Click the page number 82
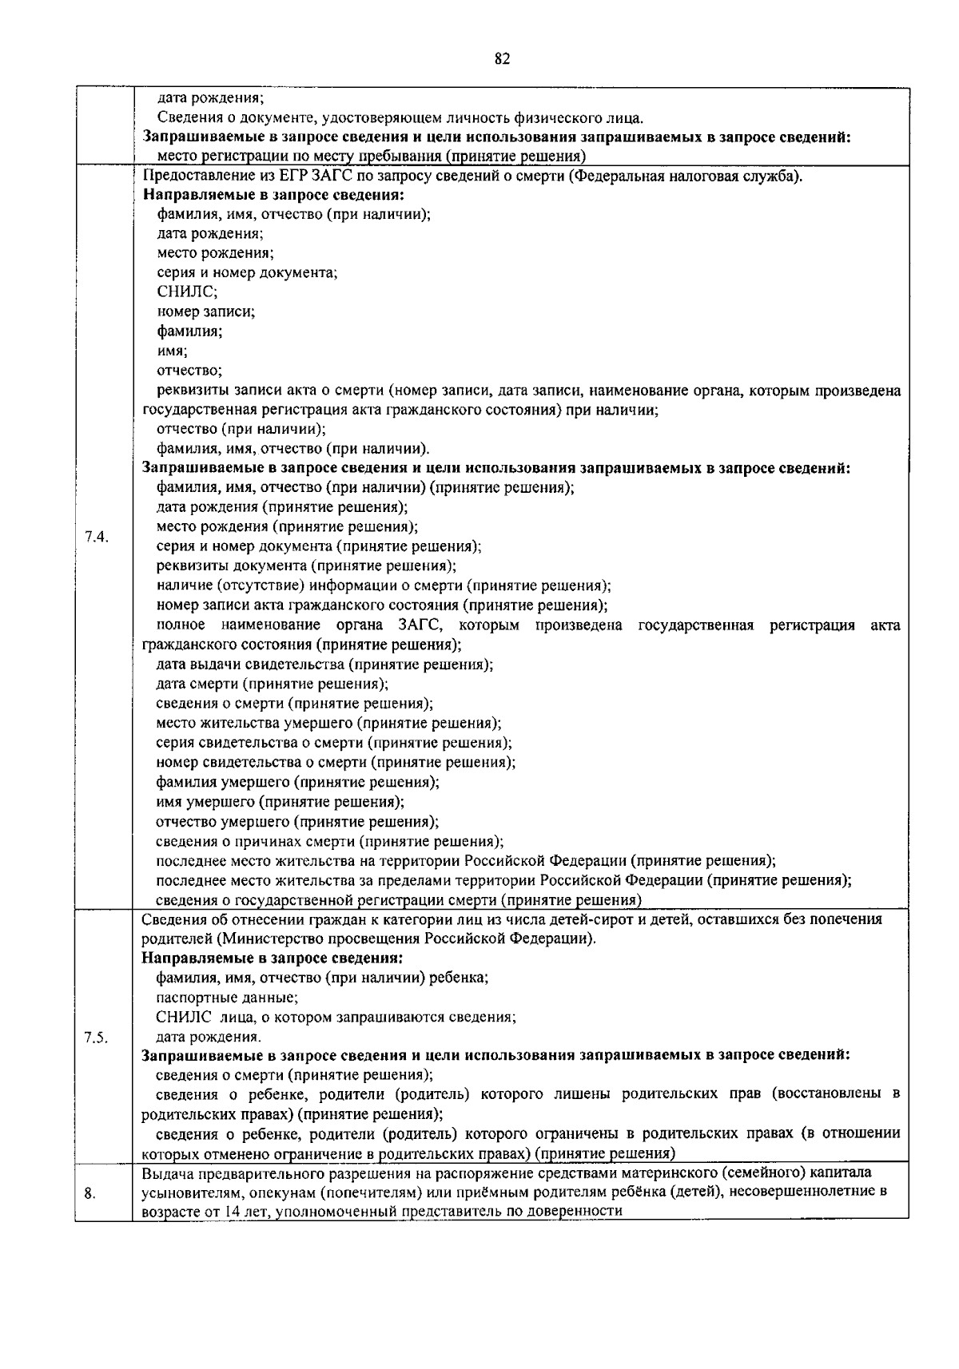[502, 59]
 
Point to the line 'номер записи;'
[205, 312]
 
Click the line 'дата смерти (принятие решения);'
[272, 684]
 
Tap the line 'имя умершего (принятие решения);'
[280, 801]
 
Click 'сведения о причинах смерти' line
[329, 841]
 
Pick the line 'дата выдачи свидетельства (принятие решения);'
[324, 665]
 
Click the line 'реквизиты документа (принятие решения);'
[306, 566]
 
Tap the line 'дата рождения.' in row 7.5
[208, 1037]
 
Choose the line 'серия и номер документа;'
[247, 273]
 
